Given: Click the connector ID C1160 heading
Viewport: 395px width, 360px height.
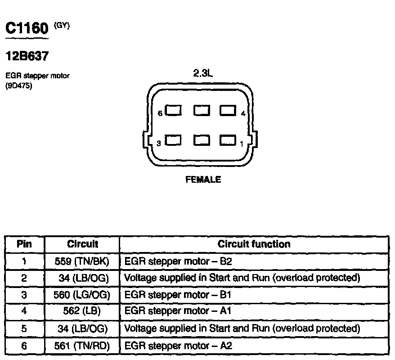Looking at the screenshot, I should tap(26, 29).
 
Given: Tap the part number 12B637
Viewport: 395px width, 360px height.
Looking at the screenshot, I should tap(26, 57).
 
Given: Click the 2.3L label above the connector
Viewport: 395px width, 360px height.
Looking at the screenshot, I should tap(202, 74).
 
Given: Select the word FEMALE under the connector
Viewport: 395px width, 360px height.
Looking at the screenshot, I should tap(203, 180).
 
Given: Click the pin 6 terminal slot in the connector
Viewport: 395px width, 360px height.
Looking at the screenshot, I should tap(173, 111).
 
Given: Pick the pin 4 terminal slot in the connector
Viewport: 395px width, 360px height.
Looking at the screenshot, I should tap(229, 111).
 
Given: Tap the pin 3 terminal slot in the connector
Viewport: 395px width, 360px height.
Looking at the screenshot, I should tap(173, 141).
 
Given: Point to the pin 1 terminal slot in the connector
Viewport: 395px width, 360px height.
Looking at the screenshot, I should tap(229, 141).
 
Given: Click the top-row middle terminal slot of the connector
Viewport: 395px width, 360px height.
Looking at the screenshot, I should tap(201, 111).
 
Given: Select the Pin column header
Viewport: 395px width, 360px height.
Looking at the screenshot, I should tap(24, 244).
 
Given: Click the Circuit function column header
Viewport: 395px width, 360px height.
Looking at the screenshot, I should tap(254, 244).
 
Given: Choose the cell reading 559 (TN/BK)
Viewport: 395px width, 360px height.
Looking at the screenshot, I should tap(82, 261).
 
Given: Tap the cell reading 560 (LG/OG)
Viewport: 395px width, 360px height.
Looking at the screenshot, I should tap(82, 295).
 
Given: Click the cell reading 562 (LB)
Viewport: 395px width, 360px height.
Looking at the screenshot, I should tap(82, 311).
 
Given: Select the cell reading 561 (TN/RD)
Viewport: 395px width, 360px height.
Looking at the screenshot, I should tap(82, 346).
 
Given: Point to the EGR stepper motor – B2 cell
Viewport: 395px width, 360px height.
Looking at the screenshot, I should tap(178, 261).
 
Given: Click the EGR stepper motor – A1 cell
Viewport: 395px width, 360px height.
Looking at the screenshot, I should tap(178, 311).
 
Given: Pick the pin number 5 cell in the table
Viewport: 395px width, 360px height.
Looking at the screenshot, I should tap(24, 328).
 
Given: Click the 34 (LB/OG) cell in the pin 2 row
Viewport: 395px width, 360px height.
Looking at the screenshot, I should tap(84, 278).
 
